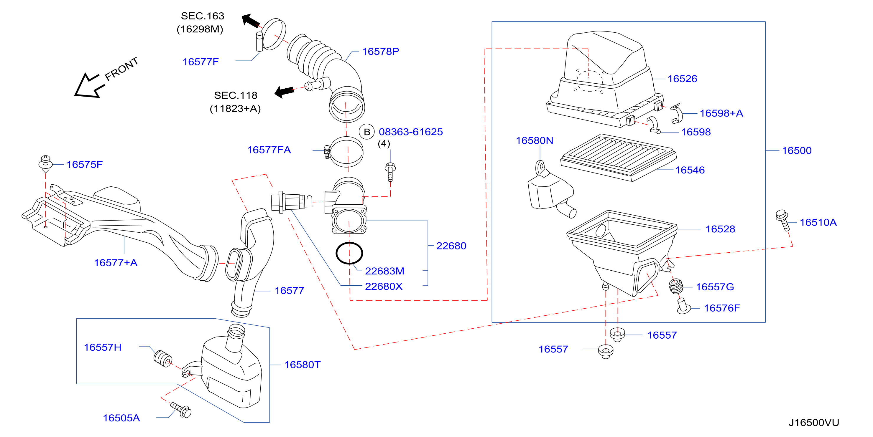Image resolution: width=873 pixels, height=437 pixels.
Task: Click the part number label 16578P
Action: [x=381, y=52]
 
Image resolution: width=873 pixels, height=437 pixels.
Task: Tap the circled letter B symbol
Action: [x=367, y=132]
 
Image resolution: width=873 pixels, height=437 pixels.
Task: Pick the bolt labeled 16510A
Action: [x=783, y=220]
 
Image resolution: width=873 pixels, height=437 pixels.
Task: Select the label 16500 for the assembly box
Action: [x=797, y=151]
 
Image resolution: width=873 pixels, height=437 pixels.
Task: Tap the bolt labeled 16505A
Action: [x=181, y=410]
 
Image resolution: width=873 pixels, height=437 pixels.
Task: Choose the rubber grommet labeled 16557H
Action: [x=163, y=358]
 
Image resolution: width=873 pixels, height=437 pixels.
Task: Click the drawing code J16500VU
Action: [x=814, y=423]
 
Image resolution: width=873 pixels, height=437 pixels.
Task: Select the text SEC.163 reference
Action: [x=202, y=16]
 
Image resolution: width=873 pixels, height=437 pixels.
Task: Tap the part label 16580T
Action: [x=302, y=365]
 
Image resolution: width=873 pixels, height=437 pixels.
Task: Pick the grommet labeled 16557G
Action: [x=676, y=286]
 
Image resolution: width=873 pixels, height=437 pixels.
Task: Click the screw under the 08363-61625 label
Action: [x=390, y=172]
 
